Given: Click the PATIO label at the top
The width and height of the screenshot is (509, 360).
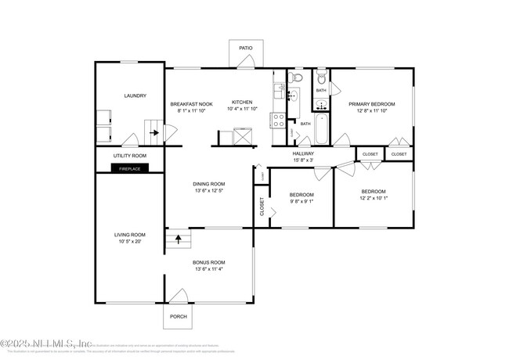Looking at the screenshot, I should (246, 48).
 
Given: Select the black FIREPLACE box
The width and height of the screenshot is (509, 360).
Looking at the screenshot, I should (129, 167).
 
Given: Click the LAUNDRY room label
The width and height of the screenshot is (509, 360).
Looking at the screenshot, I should (135, 96).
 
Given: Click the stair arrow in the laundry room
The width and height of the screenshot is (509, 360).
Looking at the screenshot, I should (155, 132).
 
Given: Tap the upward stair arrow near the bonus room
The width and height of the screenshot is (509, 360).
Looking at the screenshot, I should (178, 237).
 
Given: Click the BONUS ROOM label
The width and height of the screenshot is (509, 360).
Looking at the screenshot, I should (209, 262).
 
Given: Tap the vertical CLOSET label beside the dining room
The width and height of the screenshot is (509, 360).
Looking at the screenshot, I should (262, 207).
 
